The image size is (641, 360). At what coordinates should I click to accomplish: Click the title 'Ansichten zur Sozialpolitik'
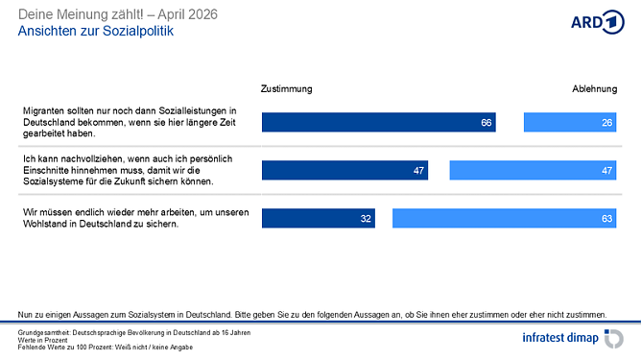97,31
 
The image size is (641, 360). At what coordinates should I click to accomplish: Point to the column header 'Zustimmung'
286,88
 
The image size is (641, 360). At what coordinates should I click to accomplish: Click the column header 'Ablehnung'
595,88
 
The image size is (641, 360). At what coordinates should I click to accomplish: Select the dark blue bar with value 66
378,123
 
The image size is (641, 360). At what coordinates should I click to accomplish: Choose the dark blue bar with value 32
318,218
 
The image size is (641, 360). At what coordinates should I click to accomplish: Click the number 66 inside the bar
487,123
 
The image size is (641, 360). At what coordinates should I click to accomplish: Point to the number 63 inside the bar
606,218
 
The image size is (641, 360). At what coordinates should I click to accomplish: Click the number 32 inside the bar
366,218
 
